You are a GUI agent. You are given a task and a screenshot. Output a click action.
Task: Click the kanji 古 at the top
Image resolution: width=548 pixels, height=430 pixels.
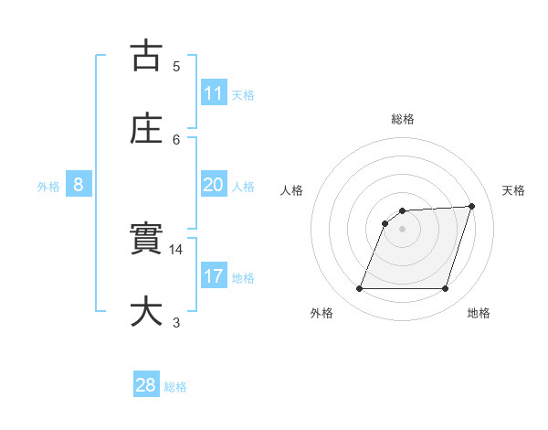click(x=146, y=56)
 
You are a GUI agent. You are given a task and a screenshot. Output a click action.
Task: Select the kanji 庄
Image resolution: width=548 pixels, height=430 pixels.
click(x=146, y=128)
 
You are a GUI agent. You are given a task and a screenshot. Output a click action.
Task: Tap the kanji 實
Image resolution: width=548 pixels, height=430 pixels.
click(x=146, y=240)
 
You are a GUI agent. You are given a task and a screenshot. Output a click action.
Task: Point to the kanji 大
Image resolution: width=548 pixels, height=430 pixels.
click(x=146, y=312)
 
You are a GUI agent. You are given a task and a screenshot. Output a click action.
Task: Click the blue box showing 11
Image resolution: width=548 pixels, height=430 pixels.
click(x=214, y=93)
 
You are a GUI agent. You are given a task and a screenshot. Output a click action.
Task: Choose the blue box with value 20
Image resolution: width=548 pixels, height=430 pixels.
click(x=214, y=185)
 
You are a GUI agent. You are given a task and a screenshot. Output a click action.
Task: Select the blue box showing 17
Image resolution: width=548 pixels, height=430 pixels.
click(x=214, y=276)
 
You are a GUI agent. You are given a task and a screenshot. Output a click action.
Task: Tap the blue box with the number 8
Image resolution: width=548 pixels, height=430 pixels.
click(x=79, y=185)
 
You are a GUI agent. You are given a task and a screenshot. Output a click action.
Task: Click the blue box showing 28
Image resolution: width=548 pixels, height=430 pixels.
click(x=146, y=385)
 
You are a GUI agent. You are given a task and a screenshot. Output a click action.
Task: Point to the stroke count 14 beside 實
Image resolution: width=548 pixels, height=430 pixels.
click(x=177, y=249)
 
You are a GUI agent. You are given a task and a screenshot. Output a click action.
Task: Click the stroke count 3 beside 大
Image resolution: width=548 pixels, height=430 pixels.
click(x=176, y=322)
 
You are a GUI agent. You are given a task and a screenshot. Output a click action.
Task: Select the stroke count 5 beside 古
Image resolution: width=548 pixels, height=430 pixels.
click(x=176, y=66)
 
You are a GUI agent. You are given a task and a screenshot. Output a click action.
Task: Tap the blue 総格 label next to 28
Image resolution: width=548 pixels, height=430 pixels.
click(x=175, y=387)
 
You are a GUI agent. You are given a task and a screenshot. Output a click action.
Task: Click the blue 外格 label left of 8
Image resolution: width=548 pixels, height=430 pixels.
click(x=48, y=186)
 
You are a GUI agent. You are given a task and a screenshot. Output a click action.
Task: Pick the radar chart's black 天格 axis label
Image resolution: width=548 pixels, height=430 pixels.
click(x=514, y=190)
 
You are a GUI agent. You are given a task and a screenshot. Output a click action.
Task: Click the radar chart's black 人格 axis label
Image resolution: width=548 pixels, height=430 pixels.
click(x=292, y=190)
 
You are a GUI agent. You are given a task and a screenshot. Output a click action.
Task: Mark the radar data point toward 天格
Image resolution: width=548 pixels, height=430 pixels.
click(x=472, y=206)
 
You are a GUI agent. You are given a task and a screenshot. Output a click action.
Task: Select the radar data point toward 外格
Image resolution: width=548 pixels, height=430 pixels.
click(x=360, y=289)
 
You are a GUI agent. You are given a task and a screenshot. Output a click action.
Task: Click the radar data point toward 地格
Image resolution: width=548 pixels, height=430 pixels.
click(x=446, y=289)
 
